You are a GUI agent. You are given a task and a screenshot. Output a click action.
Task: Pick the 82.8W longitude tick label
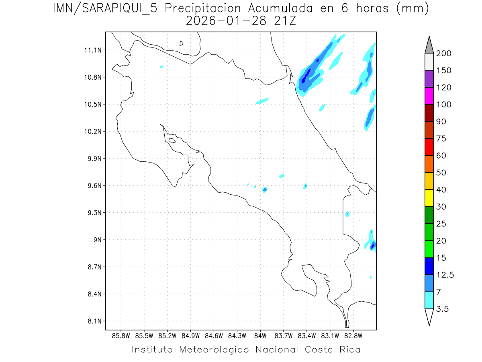pos(353,335)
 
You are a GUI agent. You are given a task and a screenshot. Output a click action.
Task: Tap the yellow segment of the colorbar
pos(429,198)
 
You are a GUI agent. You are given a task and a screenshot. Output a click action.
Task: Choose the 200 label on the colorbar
pos(444,54)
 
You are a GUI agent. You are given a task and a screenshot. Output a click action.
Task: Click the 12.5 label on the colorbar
pos(445,275)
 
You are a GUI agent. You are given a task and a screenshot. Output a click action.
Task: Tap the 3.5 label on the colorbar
pos(443,309)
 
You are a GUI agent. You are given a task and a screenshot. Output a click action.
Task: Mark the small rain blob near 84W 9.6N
pos(265,189)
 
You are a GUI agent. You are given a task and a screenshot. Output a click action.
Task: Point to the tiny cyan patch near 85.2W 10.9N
pos(161,67)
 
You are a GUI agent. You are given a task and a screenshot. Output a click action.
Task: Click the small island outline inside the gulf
pos(172,140)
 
